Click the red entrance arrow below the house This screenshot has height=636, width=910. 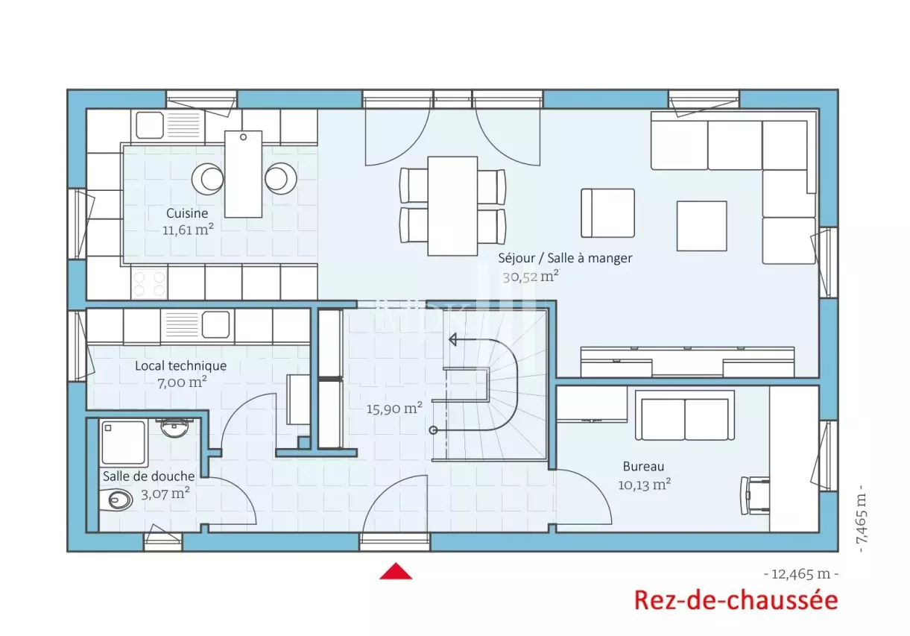click(x=396, y=571)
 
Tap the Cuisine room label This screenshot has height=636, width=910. click(x=187, y=213)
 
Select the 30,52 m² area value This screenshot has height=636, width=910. click(x=531, y=277)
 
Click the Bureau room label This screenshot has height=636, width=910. click(x=643, y=467)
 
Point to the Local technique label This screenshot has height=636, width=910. click(x=181, y=366)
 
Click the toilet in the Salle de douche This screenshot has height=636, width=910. click(x=116, y=500)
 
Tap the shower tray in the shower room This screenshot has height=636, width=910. click(x=124, y=443)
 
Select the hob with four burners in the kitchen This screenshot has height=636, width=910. click(x=149, y=283)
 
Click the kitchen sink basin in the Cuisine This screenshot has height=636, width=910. click(x=150, y=125)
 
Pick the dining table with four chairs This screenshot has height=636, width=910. click(x=452, y=206)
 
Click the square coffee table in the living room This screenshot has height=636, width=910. click(x=701, y=226)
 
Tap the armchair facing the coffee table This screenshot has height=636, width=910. click(x=607, y=213)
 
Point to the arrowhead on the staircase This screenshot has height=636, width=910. click(x=452, y=339)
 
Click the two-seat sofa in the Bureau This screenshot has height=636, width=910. click(x=685, y=416)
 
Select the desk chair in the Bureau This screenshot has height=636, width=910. click(x=754, y=495)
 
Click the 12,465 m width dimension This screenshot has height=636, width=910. click(x=800, y=574)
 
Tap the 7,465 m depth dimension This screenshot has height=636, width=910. click(x=862, y=518)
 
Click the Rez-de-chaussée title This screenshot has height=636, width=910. click(x=736, y=601)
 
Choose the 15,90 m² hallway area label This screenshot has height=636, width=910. click(x=394, y=408)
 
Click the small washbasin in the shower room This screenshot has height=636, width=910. click(x=174, y=427)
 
